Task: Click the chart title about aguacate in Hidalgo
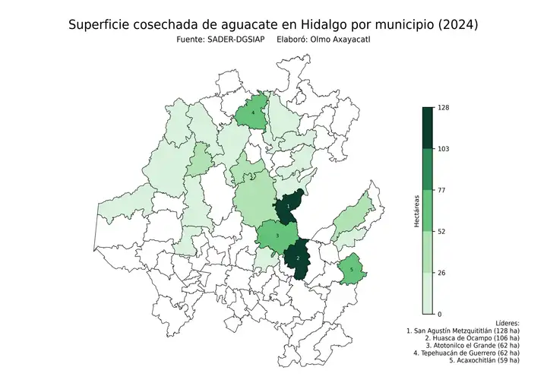pyautogui.click(x=273, y=25)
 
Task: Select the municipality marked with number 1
pyautogui.click(x=289, y=207)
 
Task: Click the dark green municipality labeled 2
pyautogui.click(x=298, y=258)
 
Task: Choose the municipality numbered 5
pyautogui.click(x=351, y=269)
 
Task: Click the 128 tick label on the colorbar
pyautogui.click(x=444, y=108)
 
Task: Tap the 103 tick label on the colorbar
pyautogui.click(x=444, y=149)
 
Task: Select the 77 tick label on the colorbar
pyautogui.click(x=441, y=190)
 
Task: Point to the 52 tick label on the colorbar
pyautogui.click(x=441, y=231)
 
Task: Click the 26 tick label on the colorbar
pyautogui.click(x=441, y=272)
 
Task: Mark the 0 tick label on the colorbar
pyautogui.click(x=439, y=313)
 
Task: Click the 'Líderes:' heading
pyautogui.click(x=506, y=323)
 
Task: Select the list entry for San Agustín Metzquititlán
pyautogui.click(x=463, y=332)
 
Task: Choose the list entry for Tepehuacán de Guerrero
pyautogui.click(x=466, y=352)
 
